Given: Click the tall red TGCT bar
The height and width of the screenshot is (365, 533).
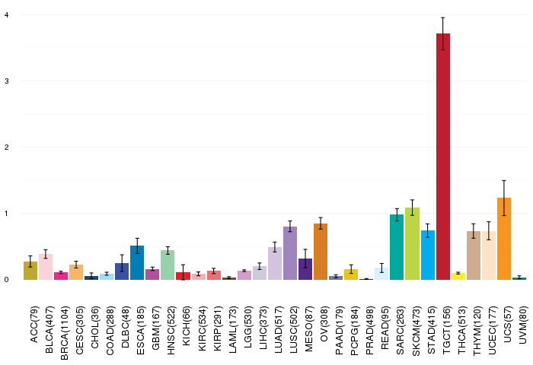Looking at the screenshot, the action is pos(443,157).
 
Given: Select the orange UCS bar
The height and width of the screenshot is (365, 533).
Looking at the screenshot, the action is pos(504,239).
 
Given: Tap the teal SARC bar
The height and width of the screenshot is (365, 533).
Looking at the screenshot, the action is pos(397,247).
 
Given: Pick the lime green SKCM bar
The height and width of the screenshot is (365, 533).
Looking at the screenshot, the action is pos(413,244).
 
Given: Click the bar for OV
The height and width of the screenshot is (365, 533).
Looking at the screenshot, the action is pos(321,252).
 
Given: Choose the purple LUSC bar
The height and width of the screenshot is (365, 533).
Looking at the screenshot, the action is pos(290,253).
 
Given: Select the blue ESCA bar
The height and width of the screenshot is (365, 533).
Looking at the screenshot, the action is pos(137,263).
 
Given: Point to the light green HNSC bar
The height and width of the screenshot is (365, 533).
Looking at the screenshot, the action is pos(168,265).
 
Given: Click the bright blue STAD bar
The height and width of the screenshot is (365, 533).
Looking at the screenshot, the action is pos(428,255).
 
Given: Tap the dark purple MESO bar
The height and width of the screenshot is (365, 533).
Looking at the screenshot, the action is pos(305,269).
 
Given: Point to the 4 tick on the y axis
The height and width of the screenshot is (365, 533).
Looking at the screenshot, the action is pos(6,15).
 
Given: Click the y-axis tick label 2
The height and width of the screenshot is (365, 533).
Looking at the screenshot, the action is pos(6,148).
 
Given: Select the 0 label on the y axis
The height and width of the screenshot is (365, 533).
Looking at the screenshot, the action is pos(6,280).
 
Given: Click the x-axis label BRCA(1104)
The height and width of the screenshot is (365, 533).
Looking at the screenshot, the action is pos(64,333).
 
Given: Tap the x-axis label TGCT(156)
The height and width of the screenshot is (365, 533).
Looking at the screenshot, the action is pos(446,330).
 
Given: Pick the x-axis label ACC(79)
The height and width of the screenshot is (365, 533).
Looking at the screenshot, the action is pos(34,325).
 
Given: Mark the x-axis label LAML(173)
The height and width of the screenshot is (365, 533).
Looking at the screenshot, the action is pos(232,330).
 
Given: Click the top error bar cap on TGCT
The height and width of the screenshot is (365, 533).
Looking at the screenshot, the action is pos(443,17).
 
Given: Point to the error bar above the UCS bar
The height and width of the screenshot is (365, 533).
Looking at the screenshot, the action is pos(504,198).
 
